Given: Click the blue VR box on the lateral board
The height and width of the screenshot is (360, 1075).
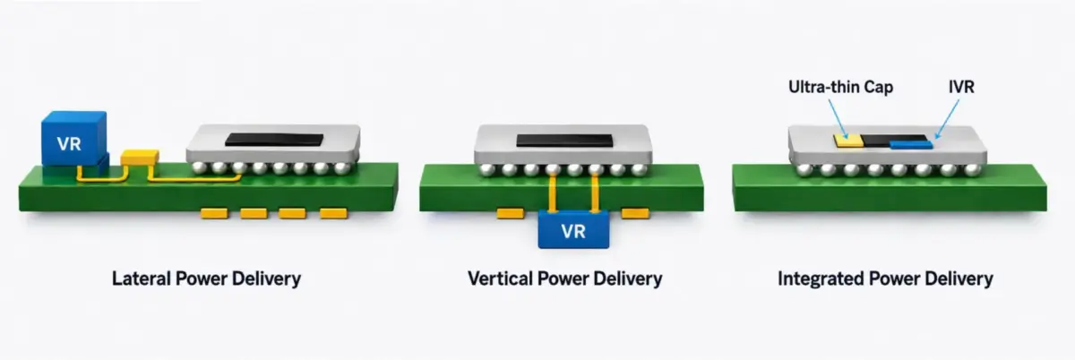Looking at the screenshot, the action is pyautogui.click(x=74, y=139).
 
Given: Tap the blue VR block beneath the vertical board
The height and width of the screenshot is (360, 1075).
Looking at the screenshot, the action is pyautogui.click(x=573, y=229).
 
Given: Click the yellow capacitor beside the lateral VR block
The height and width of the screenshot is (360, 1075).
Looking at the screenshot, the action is pyautogui.click(x=139, y=158).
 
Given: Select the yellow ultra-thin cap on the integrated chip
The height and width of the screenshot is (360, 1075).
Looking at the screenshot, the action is pyautogui.click(x=848, y=140).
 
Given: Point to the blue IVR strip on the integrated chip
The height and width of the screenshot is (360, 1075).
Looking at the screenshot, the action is pyautogui.click(x=911, y=144).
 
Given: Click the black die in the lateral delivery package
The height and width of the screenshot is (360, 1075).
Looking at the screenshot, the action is pyautogui.click(x=274, y=140).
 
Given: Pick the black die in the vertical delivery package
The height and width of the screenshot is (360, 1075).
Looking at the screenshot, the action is pyautogui.click(x=565, y=141).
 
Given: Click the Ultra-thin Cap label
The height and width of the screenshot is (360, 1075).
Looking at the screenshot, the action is pyautogui.click(x=841, y=87).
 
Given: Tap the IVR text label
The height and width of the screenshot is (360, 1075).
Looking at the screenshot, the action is pyautogui.click(x=962, y=87).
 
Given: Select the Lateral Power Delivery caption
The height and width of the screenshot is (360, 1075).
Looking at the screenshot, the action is pyautogui.click(x=206, y=279).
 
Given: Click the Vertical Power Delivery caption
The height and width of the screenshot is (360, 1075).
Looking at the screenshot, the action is pyautogui.click(x=565, y=279).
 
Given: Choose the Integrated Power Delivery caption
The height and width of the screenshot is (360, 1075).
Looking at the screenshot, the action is pyautogui.click(x=885, y=279).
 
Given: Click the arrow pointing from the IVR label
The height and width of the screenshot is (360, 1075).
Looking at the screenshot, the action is pyautogui.click(x=948, y=119).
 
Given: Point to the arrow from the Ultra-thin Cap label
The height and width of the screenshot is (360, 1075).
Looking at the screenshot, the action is pyautogui.click(x=838, y=119).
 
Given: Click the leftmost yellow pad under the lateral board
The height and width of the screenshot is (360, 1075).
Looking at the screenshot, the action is pyautogui.click(x=214, y=213).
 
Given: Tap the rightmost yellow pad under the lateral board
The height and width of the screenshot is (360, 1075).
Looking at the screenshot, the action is pyautogui.click(x=333, y=213).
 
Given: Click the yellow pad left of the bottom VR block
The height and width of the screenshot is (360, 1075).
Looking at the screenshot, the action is pyautogui.click(x=510, y=213).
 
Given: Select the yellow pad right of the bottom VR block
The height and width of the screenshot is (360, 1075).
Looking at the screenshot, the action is pyautogui.click(x=635, y=213).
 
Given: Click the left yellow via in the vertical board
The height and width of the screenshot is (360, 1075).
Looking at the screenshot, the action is pyautogui.click(x=553, y=193).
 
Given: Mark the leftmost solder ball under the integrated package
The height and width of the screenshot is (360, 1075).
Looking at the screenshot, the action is pyautogui.click(x=804, y=170).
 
